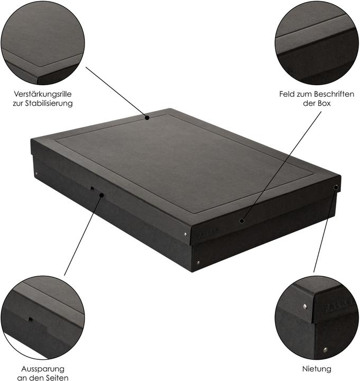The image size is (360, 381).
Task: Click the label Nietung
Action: click(x=317, y=368)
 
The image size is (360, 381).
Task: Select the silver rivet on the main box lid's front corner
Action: click(x=186, y=233)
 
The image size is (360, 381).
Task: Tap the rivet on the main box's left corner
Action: click(x=36, y=173)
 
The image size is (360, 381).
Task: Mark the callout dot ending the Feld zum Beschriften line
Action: click(x=242, y=221)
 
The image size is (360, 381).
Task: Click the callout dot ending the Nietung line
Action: click(x=336, y=187)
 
